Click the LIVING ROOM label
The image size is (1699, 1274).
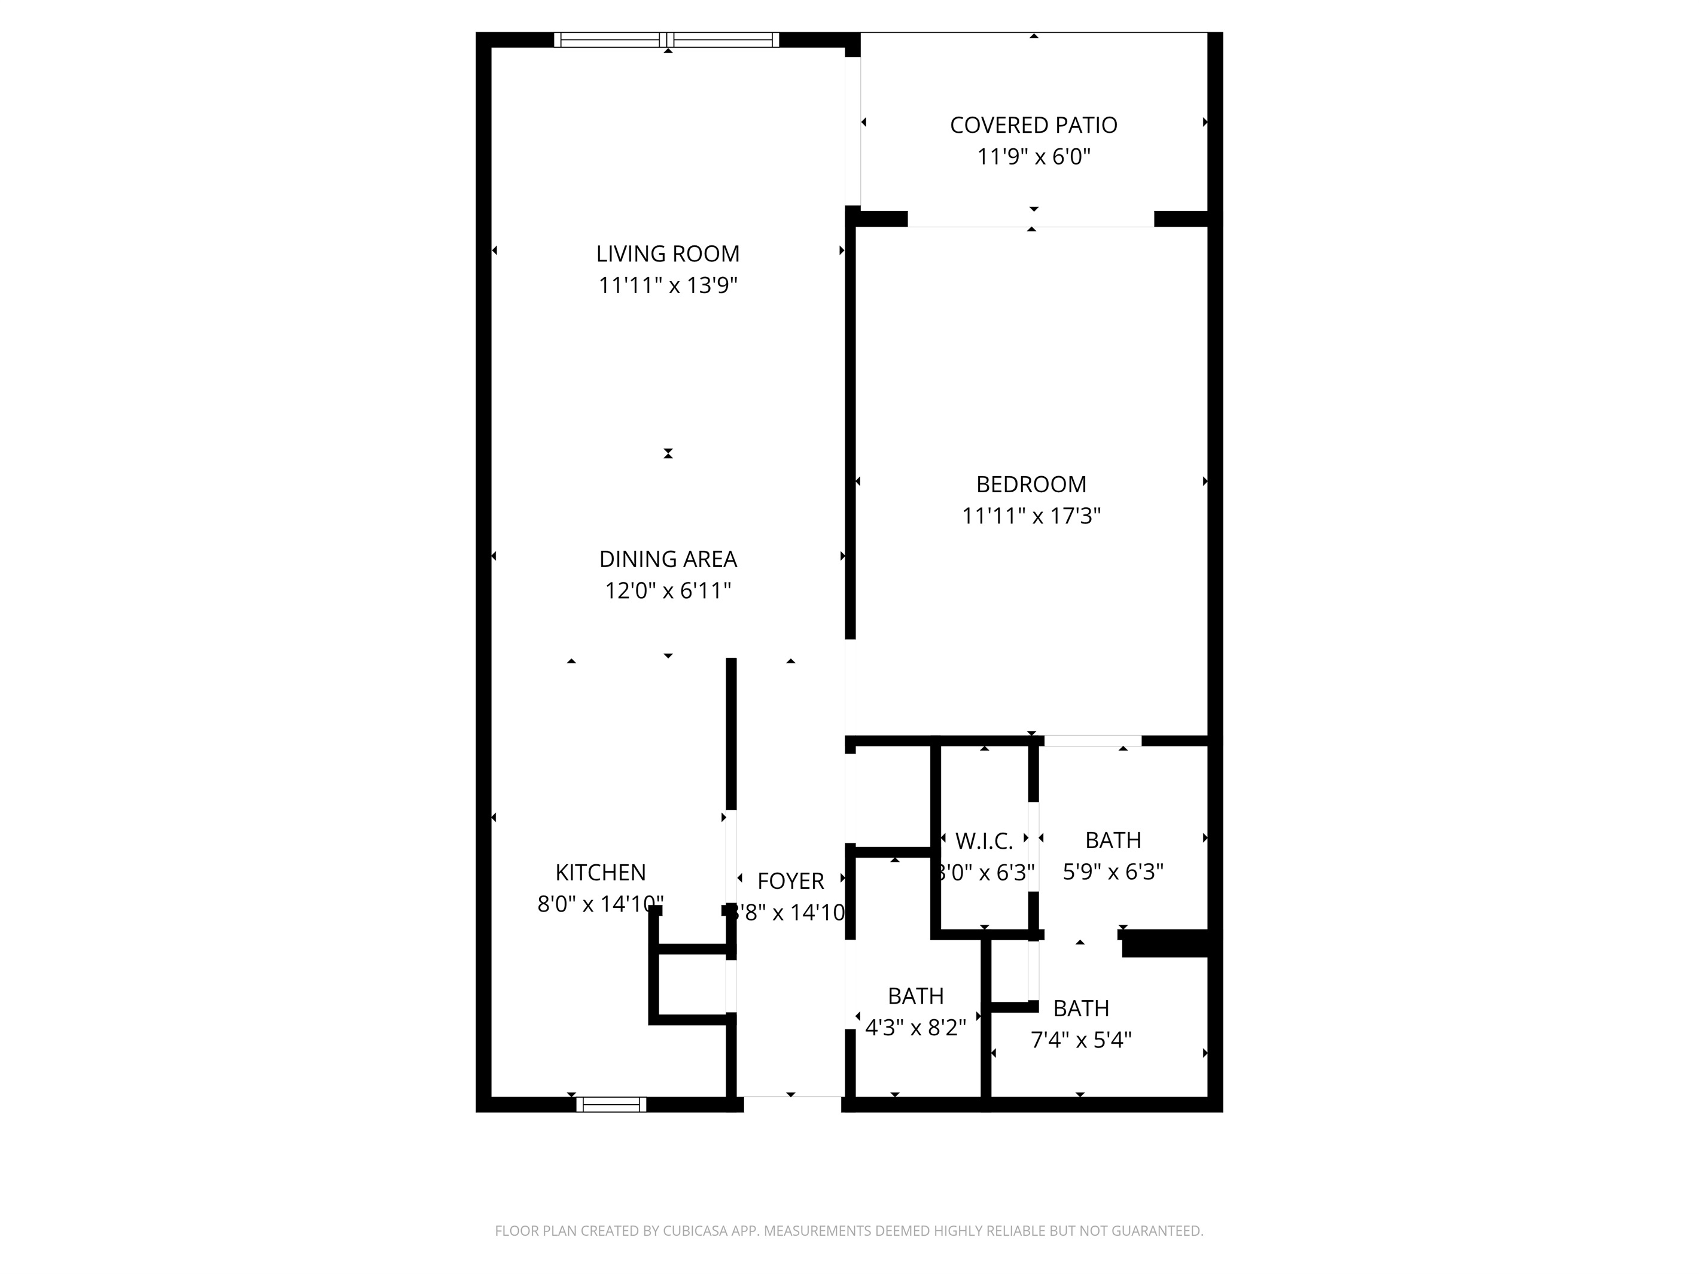[668, 254]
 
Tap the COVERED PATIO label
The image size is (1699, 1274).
[1033, 125]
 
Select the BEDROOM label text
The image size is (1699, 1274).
[1031, 484]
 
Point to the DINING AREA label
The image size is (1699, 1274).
[668, 559]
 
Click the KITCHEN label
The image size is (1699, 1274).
[600, 873]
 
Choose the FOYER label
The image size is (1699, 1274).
[790, 881]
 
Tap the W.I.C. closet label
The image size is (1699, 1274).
[984, 842]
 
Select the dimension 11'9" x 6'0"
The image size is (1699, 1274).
[1033, 157]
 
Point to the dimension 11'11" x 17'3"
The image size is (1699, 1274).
[1031, 516]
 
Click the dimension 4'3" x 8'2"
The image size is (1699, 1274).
[915, 1028]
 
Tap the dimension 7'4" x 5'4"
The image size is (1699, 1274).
[1080, 1040]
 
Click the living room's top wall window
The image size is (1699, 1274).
[666, 40]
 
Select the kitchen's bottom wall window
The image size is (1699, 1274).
[611, 1104]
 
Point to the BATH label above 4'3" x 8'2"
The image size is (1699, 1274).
[915, 996]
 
